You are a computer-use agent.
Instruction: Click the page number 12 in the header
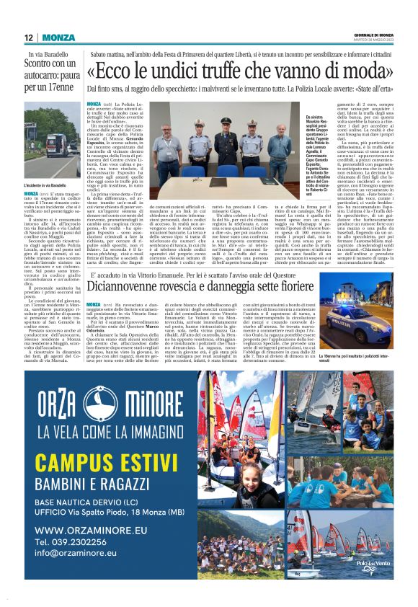pos(28,37)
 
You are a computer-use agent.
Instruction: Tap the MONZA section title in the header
pos(57,37)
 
